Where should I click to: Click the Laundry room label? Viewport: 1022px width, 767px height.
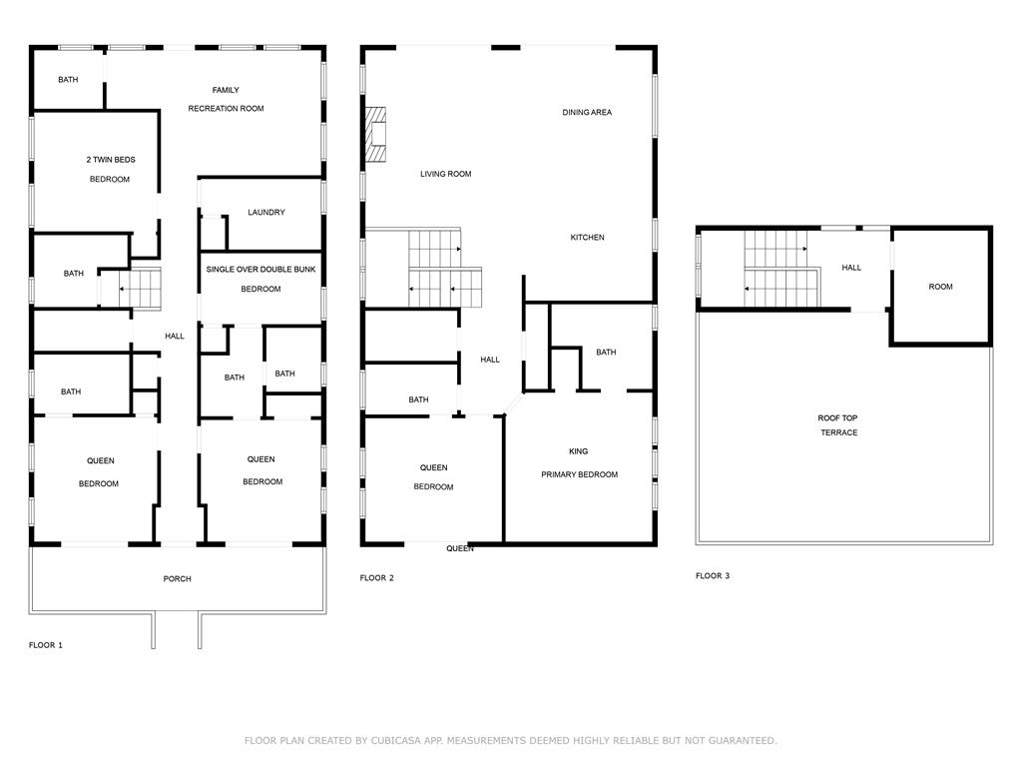point(265,212)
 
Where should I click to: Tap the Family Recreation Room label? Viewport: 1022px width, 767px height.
point(226,99)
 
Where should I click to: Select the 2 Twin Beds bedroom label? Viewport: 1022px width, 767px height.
point(110,169)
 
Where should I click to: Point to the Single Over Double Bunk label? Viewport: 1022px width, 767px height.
point(260,269)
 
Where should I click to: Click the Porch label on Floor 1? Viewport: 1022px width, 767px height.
point(178,578)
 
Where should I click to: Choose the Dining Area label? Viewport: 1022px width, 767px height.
point(587,112)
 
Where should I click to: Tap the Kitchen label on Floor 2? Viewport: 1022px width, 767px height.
point(587,238)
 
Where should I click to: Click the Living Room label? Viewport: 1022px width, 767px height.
point(446,174)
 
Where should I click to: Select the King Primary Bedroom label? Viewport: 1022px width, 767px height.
point(579,463)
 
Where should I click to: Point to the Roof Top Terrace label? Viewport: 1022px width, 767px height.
point(838,425)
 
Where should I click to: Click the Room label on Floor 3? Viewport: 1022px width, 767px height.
point(940,287)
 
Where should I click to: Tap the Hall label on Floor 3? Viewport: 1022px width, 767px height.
point(851,268)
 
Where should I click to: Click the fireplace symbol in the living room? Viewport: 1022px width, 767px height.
point(375,134)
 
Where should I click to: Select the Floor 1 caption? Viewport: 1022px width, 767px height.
point(46,645)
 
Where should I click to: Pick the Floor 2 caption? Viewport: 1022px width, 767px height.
point(376,578)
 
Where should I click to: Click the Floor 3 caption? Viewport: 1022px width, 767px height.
point(713,576)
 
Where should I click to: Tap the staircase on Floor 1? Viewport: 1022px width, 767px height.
point(140,287)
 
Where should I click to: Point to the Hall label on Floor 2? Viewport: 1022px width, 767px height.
point(490,360)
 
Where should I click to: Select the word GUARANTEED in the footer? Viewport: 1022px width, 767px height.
point(743,740)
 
